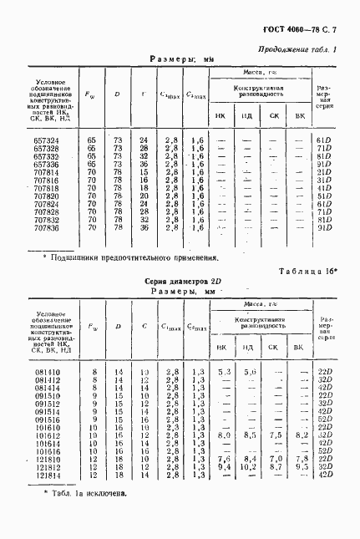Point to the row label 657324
coord(45,140)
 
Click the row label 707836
coord(45,227)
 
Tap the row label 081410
coord(47,372)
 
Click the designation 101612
coord(47,435)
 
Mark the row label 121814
coord(47,475)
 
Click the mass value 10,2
coord(247,467)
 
